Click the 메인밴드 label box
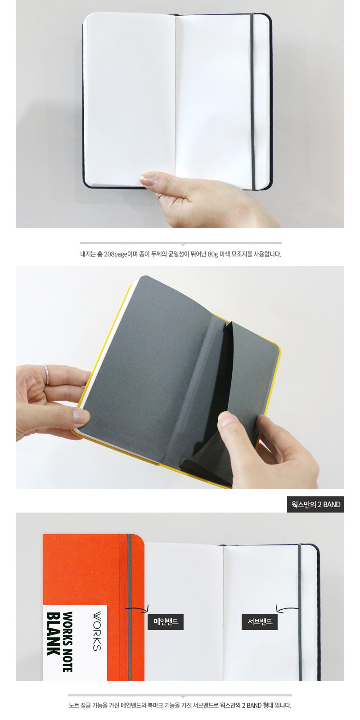[x=166, y=621]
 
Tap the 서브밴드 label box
[x=260, y=621]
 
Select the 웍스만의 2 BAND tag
[x=315, y=504]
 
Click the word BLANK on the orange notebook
[x=54, y=634]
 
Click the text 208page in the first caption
[x=116, y=254]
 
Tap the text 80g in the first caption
[x=213, y=254]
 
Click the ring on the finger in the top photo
[x=160, y=197]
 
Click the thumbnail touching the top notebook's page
[x=148, y=179]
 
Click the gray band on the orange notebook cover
[x=130, y=607]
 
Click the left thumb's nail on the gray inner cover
[x=81, y=416]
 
